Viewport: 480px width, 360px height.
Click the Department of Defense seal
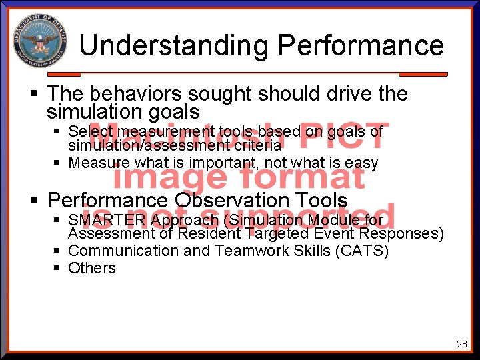(x=39, y=41)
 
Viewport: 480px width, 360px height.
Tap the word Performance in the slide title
(x=361, y=46)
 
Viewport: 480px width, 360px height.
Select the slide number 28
(x=461, y=344)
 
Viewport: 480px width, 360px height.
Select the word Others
(x=92, y=268)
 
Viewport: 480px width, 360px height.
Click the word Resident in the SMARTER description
(x=210, y=234)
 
